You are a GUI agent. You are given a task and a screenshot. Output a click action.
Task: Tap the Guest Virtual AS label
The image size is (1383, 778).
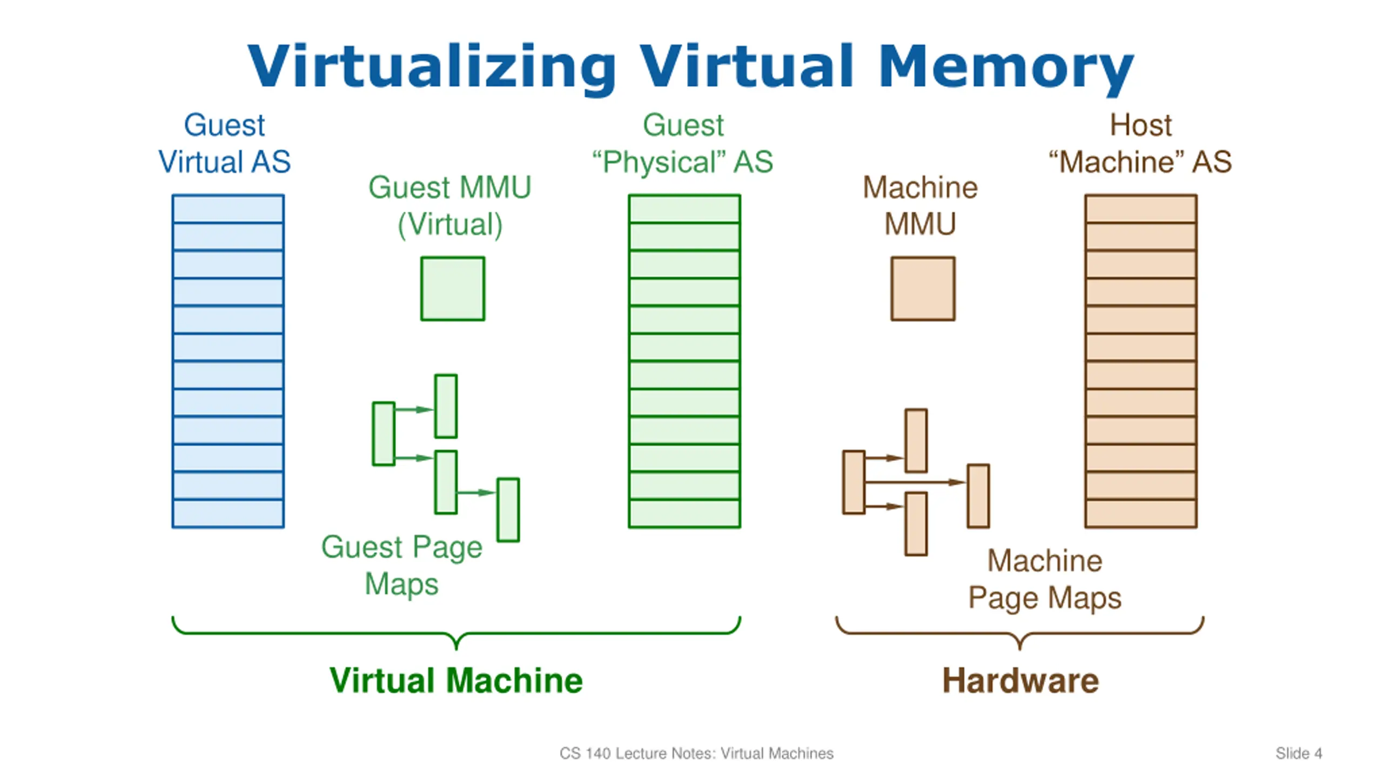pos(224,143)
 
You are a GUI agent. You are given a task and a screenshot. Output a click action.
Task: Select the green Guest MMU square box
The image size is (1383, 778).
pos(453,289)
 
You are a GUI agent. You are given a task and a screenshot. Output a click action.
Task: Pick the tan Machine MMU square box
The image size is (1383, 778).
pos(923,289)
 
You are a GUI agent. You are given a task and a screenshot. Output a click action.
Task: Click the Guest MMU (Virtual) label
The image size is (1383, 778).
pos(450,206)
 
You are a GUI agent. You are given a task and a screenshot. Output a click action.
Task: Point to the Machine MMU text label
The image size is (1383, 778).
pos(920,206)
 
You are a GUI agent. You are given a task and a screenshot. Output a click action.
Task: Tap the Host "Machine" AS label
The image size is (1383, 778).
pos(1140,143)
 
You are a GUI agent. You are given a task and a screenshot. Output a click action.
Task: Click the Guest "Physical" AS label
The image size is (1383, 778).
pos(683,143)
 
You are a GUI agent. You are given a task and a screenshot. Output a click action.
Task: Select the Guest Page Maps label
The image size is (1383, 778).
pos(401,565)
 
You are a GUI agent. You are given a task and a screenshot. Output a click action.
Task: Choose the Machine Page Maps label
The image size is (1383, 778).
pos(1044,579)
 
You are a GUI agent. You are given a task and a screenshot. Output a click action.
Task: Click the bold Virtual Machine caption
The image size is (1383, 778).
pos(456,680)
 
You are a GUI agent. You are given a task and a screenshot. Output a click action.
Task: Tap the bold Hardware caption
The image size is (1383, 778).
pos(1021,680)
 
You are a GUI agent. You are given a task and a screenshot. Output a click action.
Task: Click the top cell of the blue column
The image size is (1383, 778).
pos(228,209)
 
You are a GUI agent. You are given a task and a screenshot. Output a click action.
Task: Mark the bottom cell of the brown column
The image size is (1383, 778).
pos(1141,513)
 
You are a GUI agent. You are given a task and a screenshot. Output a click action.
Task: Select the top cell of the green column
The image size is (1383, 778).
pos(684,209)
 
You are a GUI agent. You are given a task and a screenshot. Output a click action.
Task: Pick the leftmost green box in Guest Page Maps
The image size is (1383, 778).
pos(384,433)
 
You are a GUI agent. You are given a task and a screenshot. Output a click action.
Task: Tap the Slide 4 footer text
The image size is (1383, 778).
pos(1299,753)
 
